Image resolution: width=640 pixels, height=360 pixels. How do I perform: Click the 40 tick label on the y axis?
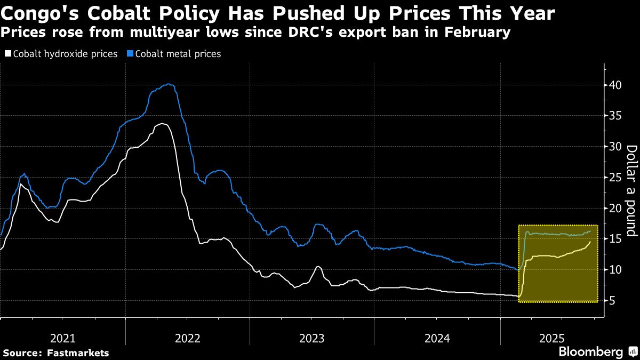click(x=615, y=85)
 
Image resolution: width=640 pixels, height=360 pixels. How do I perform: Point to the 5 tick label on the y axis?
click(x=612, y=301)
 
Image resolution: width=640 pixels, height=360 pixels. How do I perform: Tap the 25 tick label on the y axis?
click(x=615, y=178)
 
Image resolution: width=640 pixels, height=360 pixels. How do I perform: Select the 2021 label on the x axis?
click(x=63, y=338)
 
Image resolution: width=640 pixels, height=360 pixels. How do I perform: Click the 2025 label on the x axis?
click(x=552, y=338)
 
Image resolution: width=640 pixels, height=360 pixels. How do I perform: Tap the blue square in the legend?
click(x=130, y=54)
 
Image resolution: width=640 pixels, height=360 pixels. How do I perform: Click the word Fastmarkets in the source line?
click(x=78, y=353)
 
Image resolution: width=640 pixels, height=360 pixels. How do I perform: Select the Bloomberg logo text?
click(x=590, y=351)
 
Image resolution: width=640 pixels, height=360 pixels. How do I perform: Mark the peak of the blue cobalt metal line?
click(x=169, y=84)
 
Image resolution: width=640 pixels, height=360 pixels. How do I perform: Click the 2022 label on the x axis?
click(x=187, y=338)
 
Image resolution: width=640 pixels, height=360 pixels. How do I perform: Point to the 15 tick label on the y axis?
click(x=615, y=239)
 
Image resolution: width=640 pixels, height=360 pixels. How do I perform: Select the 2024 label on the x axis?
click(x=437, y=338)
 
